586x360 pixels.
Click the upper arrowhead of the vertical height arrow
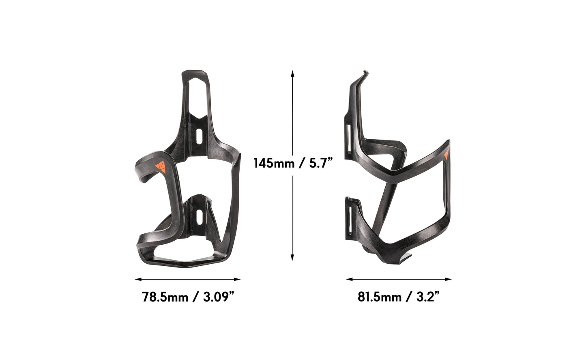pos(292,73)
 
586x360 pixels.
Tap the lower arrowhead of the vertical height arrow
pos(292,258)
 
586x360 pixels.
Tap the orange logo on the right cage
pos(446,155)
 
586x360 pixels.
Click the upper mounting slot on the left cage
pos(198,136)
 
